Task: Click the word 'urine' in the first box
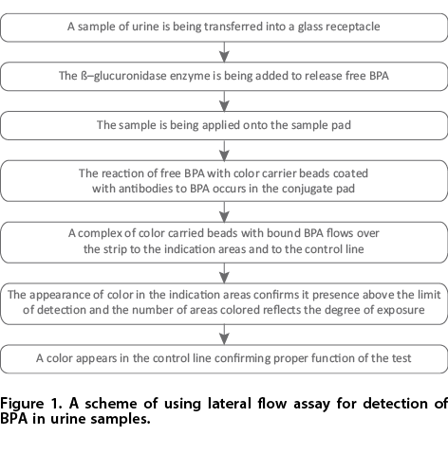pyautogui.click(x=145, y=27)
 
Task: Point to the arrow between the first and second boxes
pyautogui.click(x=224, y=52)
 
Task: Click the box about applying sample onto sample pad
pyautogui.click(x=224, y=125)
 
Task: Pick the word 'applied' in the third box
pyautogui.click(x=221, y=125)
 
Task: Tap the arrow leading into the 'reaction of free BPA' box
pyautogui.click(x=224, y=151)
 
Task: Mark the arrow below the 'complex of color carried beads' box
pyautogui.click(x=224, y=273)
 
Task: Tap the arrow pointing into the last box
pyautogui.click(x=224, y=335)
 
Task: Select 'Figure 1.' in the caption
pyautogui.click(x=31, y=404)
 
